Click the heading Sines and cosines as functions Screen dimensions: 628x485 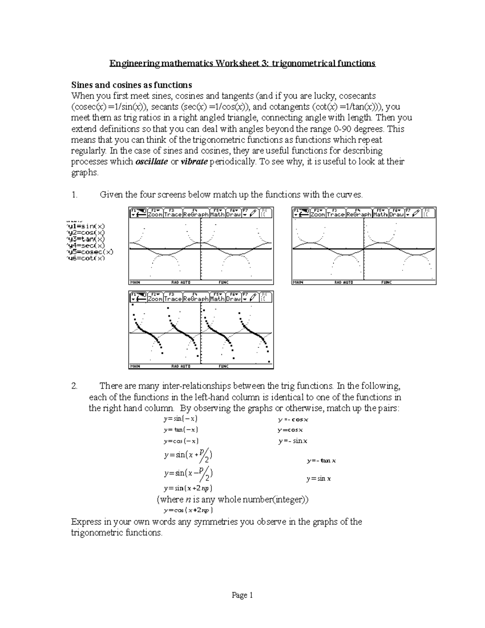[131, 85]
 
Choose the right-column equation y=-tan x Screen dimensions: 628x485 [321, 461]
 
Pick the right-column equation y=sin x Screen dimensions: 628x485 [318, 479]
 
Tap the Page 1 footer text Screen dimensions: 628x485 [242, 595]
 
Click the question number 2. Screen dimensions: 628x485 [74, 386]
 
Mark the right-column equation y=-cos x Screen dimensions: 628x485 [293, 419]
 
